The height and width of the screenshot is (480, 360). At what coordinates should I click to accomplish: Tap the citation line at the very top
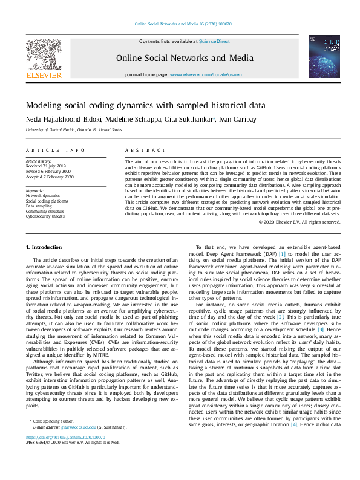(x=182, y=24)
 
